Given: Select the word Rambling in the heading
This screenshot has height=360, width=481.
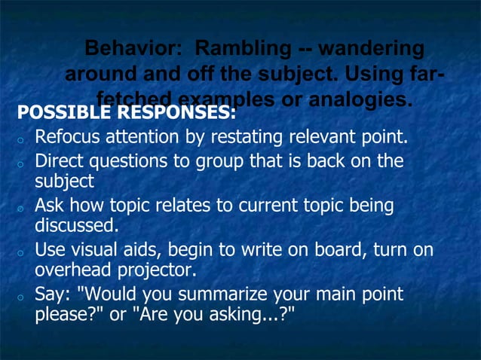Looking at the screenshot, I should pyautogui.click(x=240, y=50).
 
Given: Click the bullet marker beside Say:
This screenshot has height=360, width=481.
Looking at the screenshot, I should pyautogui.click(x=24, y=297).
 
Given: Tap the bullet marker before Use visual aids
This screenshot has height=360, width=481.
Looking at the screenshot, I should pyautogui.click(x=24, y=252).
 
